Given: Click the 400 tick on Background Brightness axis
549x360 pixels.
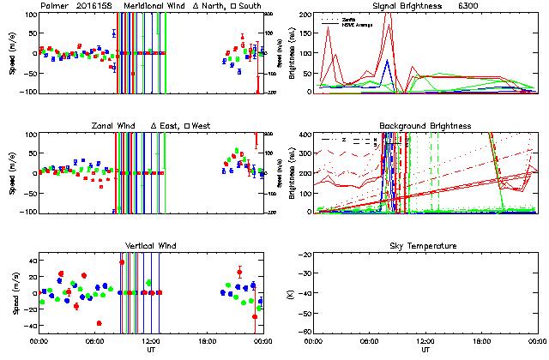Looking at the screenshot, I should click(305, 135).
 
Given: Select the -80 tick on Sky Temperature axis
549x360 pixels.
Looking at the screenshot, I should click(305, 331).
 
